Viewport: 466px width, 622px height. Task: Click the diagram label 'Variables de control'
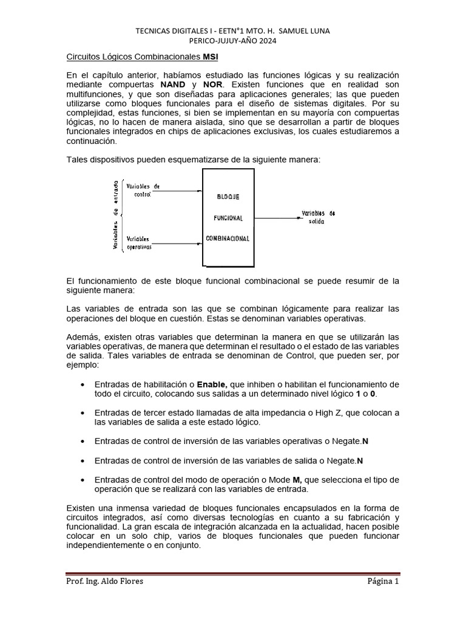(x=143, y=190)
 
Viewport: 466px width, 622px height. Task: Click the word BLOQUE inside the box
(x=228, y=197)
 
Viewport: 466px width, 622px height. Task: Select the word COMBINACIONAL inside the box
(x=228, y=239)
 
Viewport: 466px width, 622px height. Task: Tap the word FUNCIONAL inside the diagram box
(x=228, y=218)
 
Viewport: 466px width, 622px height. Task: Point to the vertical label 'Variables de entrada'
(x=115, y=214)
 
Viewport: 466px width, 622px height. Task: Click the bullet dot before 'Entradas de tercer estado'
(x=82, y=412)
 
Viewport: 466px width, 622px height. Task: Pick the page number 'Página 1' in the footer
(x=383, y=581)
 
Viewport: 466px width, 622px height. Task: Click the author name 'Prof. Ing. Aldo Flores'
(x=105, y=581)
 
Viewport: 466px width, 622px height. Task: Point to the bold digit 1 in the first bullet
(x=358, y=394)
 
